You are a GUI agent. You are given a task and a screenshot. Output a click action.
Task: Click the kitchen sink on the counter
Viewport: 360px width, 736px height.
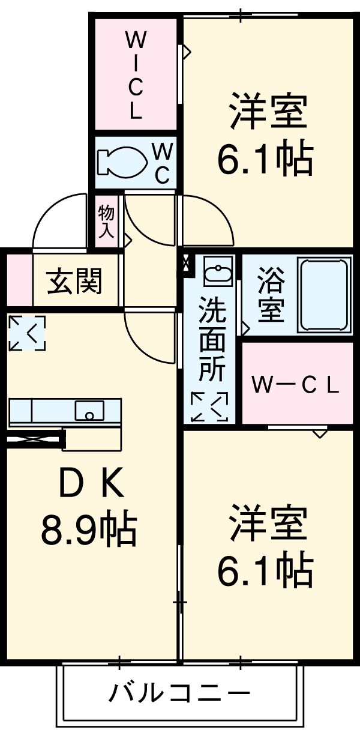click(89, 411)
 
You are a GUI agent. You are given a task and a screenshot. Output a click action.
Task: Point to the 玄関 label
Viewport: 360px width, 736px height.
click(76, 280)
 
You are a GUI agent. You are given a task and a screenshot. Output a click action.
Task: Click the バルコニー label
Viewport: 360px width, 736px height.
click(179, 695)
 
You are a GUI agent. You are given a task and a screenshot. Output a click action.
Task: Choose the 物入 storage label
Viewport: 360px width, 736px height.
click(106, 222)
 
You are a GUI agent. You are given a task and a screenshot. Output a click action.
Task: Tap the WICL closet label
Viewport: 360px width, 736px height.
click(136, 76)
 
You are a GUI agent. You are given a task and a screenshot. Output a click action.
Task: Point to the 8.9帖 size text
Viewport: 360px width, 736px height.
click(88, 528)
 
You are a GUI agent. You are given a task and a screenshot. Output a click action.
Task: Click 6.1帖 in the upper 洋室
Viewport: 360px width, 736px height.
click(265, 158)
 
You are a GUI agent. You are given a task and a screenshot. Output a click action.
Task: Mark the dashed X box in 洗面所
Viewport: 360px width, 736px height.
click(209, 406)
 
